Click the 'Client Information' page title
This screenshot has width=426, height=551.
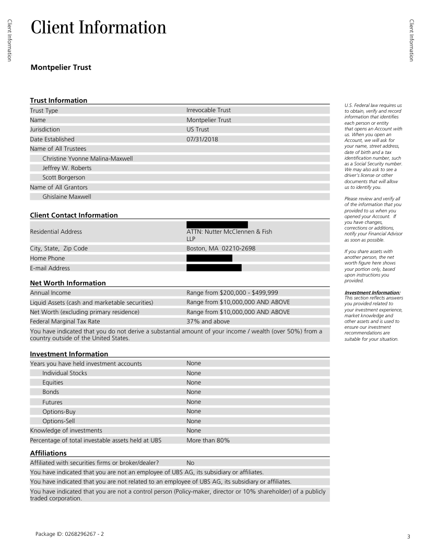pos(99,28)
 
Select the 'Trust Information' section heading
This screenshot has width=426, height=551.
pos(58,100)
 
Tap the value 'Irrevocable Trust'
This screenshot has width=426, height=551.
pos(208,110)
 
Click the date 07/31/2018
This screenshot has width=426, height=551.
pos(202,139)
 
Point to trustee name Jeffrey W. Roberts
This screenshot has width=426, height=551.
pos(67,168)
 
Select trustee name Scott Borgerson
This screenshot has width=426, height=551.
pos(64,177)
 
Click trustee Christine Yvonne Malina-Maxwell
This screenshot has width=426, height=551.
pos(88,159)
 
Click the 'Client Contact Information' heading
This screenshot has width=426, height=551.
pos(74,215)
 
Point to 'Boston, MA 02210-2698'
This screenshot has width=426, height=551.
pos(221,248)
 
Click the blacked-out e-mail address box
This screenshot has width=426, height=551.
pos(214,268)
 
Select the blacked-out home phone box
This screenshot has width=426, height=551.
pos(209,258)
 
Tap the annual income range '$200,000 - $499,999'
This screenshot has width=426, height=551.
pos(232,293)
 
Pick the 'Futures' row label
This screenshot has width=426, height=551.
pos(52,402)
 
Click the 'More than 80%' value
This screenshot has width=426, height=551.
pos(208,440)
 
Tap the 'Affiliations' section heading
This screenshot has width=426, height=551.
pos(48,453)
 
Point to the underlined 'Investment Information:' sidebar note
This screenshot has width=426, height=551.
pos(372,293)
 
